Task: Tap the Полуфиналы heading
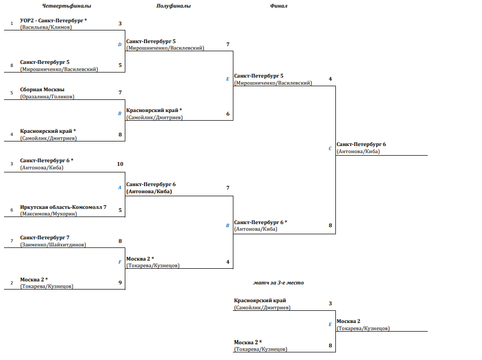pyautogui.click(x=173, y=7)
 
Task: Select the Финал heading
pyautogui.click(x=279, y=7)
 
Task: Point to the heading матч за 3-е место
pyautogui.click(x=279, y=282)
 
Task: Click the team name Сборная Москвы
pyautogui.click(x=42, y=90)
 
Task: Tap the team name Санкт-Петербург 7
pyautogui.click(x=45, y=238)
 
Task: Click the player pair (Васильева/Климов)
pyautogui.click(x=46, y=27)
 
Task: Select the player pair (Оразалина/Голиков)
pyautogui.click(x=47, y=96)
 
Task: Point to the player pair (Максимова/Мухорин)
pyautogui.click(x=49, y=214)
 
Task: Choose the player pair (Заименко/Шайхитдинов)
pyautogui.click(x=53, y=244)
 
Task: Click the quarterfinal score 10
pyautogui.click(x=120, y=164)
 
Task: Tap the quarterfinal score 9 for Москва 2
pyautogui.click(x=120, y=283)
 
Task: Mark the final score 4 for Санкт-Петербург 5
pyautogui.click(x=330, y=79)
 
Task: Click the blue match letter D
pyautogui.click(x=120, y=45)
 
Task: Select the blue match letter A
pyautogui.click(x=120, y=188)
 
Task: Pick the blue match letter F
pyautogui.click(x=120, y=262)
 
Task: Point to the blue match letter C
pyautogui.click(x=330, y=149)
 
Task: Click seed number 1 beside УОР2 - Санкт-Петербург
pyautogui.click(x=11, y=23)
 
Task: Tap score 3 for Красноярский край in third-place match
pyautogui.click(x=330, y=304)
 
